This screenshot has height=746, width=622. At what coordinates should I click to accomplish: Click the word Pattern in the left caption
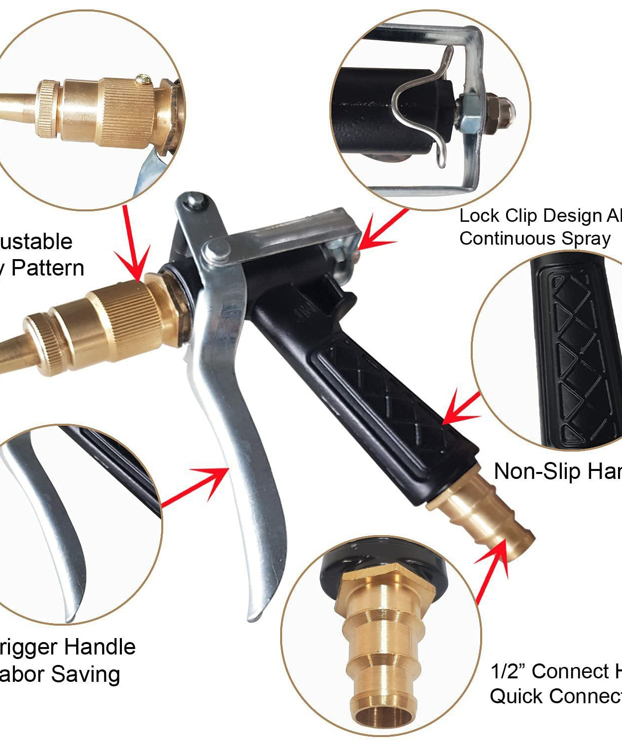(x=47, y=268)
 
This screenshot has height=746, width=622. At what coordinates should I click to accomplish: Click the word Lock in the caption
(x=479, y=216)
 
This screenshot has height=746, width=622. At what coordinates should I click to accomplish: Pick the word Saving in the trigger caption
(x=85, y=674)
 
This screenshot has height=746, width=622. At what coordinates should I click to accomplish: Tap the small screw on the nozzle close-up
(x=144, y=78)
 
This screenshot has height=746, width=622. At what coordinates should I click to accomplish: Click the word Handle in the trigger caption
(x=100, y=647)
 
